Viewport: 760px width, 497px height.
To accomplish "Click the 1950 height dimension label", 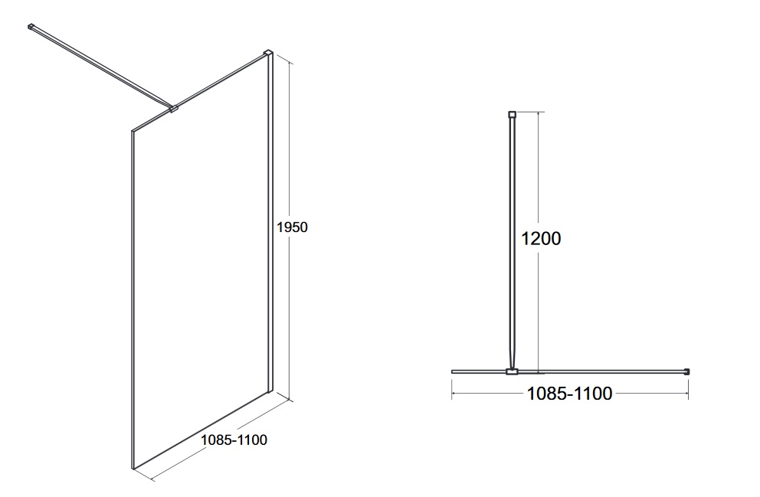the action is (292, 227).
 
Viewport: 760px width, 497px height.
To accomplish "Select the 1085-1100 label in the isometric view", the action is (234, 440).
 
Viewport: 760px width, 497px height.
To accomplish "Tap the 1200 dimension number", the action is (540, 238).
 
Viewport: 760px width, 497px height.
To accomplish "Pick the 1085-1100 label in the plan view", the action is (569, 394).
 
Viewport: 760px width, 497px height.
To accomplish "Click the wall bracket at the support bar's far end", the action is (31, 27).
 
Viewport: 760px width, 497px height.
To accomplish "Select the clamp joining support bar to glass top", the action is (173, 110).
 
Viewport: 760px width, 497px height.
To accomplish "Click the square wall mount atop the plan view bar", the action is (512, 115).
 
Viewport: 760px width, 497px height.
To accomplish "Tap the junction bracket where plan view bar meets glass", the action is (512, 371).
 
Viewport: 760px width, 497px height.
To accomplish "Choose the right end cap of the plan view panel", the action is (686, 371).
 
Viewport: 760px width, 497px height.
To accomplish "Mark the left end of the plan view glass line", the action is (452, 371).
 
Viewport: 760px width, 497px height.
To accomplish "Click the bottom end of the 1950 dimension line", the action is (291, 400).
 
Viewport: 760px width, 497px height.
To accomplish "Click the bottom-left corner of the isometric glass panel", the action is (133, 469).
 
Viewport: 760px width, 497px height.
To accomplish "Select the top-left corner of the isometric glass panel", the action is (132, 130).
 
